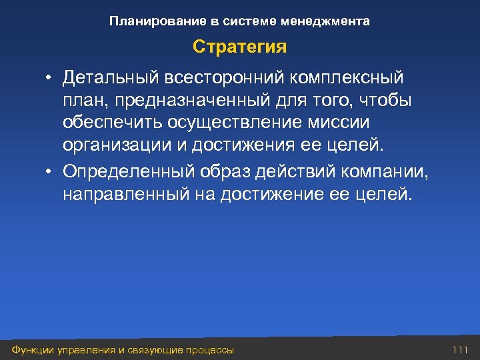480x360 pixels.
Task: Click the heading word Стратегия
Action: pyautogui.click(x=240, y=48)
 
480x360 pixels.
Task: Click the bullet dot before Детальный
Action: pyautogui.click(x=50, y=79)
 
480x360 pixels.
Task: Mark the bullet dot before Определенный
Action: pyautogui.click(x=50, y=171)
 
